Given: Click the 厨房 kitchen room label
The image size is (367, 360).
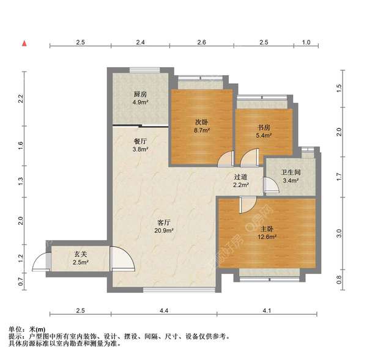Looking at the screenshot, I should pos(141,94).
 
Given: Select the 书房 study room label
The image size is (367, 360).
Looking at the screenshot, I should pos(264,128).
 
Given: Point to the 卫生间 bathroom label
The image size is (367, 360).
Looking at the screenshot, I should pos(291,172).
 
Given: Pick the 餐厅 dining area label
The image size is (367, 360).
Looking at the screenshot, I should pos(141,140).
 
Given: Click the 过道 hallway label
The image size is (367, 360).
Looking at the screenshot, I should pos(240,177).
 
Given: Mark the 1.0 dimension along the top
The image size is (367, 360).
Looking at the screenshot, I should pos(306,42).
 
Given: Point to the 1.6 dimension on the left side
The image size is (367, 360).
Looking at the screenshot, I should pos(20,145).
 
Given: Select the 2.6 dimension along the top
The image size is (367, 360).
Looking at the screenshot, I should pos(202,42).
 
